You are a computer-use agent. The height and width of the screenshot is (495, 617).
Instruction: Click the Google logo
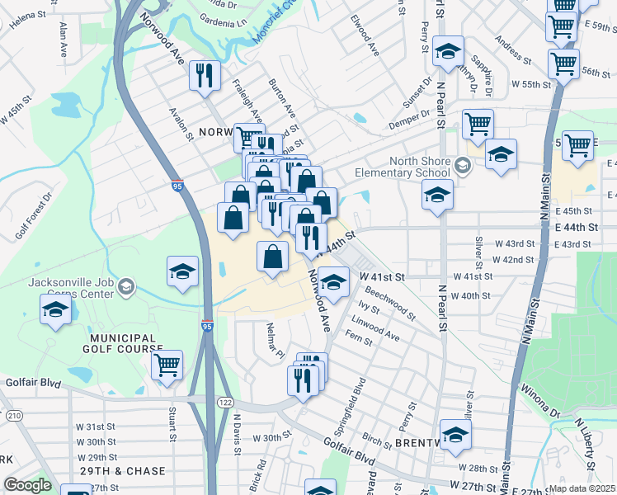(x=27, y=484)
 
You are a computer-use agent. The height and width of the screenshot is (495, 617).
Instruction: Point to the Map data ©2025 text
(x=582, y=488)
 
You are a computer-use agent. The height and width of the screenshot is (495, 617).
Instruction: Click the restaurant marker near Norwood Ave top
(x=202, y=76)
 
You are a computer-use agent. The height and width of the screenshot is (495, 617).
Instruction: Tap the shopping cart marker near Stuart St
(x=167, y=364)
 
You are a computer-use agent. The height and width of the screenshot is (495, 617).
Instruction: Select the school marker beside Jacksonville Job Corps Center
(x=55, y=309)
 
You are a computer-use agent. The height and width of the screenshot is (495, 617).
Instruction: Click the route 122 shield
(x=225, y=401)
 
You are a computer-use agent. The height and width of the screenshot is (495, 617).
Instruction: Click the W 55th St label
(x=530, y=84)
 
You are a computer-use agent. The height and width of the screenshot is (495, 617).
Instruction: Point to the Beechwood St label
(x=390, y=302)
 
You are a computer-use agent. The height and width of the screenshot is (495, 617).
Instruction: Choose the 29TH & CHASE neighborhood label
(x=125, y=471)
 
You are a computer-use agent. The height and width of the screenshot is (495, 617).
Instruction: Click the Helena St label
(x=27, y=16)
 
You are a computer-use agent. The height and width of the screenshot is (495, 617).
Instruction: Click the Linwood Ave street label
(x=374, y=328)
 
